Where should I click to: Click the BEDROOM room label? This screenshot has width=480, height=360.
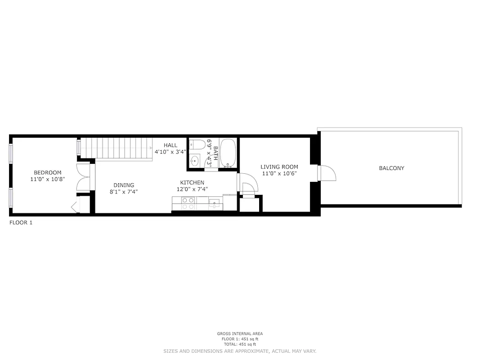coord(48,172)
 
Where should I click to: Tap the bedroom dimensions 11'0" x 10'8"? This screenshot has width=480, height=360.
coord(48,179)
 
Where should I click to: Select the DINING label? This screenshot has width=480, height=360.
coord(123,185)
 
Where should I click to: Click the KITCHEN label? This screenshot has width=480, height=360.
coord(192,182)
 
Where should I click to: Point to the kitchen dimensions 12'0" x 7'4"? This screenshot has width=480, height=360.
coord(192,189)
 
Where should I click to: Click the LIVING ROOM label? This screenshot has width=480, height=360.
coord(279,166)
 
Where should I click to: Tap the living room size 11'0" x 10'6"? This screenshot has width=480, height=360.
coord(279,173)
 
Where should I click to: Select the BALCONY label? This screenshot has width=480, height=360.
coord(391,168)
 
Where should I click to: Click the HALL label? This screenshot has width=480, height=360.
coord(170,145)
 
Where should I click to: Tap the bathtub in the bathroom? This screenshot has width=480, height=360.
coord(228,153)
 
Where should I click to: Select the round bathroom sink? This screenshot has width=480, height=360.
coord(195,160)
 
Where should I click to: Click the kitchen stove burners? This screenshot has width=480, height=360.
coord(188,204)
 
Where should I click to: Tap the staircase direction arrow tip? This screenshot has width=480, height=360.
coord(150,148)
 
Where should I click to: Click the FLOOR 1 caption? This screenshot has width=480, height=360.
coord(21,222)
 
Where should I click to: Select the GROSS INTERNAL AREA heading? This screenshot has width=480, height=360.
coord(240,333)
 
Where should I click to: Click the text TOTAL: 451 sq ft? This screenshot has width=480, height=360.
coord(240,344)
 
